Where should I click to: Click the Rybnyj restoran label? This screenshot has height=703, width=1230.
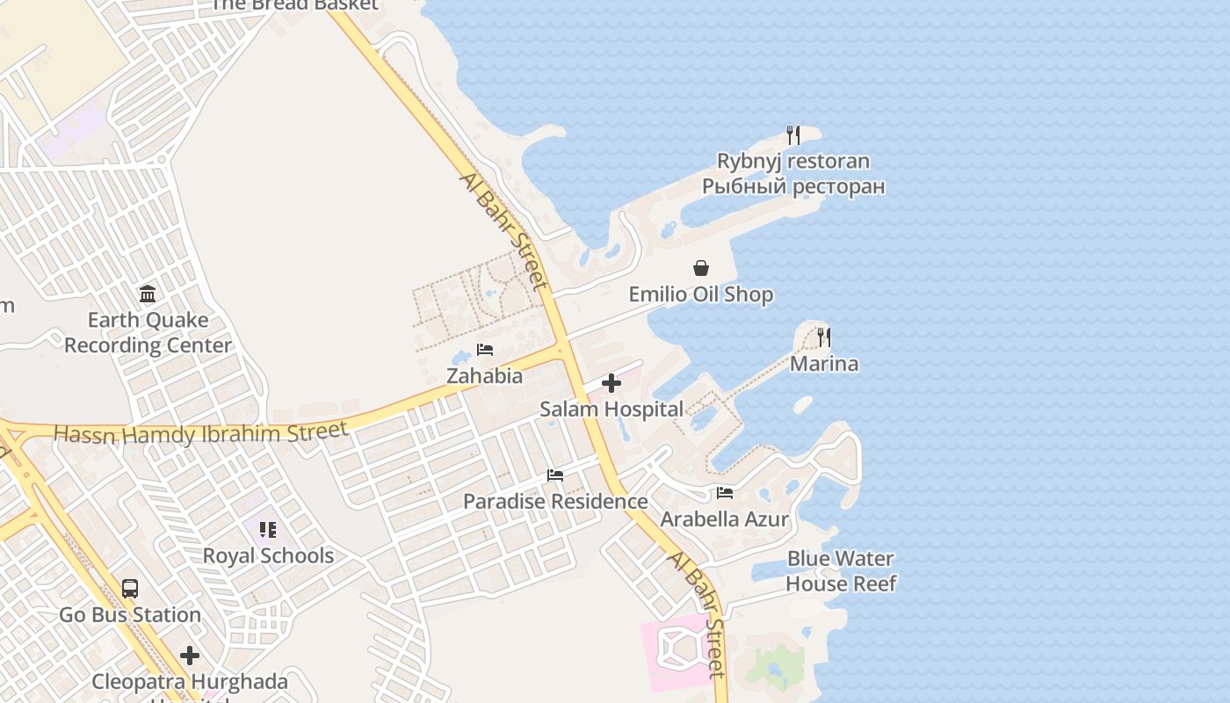pos(793,162)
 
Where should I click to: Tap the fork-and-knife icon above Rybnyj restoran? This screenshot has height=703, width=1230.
pos(793,135)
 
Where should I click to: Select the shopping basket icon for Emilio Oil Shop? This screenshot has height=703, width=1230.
pos(701,268)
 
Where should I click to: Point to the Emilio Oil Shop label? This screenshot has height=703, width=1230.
pos(701,294)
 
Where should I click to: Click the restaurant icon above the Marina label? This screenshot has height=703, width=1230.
pos(823,337)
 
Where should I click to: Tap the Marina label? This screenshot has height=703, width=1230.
pos(824,364)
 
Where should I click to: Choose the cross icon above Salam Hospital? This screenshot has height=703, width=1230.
pos(611,383)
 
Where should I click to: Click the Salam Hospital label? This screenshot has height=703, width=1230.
pos(611,409)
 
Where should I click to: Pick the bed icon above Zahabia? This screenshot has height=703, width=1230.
pos(484,350)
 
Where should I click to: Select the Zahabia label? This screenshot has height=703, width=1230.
pos(484,376)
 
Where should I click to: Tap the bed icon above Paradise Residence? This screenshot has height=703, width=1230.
pos(555,475)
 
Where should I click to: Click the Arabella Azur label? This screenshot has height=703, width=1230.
pos(725,519)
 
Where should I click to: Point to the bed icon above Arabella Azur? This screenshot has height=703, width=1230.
pos(725,493)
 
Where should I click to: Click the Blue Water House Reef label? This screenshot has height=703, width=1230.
pos(841,571)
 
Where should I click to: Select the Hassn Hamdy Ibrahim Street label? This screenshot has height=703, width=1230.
pos(201,433)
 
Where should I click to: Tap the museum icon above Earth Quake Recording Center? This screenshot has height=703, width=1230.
pos(148,294)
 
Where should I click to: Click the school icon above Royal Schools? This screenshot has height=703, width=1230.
pos(268,530)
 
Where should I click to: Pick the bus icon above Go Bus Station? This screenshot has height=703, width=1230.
pos(130,589)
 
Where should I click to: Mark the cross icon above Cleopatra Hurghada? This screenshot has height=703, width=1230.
pos(190,656)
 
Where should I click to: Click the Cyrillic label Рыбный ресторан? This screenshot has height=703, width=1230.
pos(793,187)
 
